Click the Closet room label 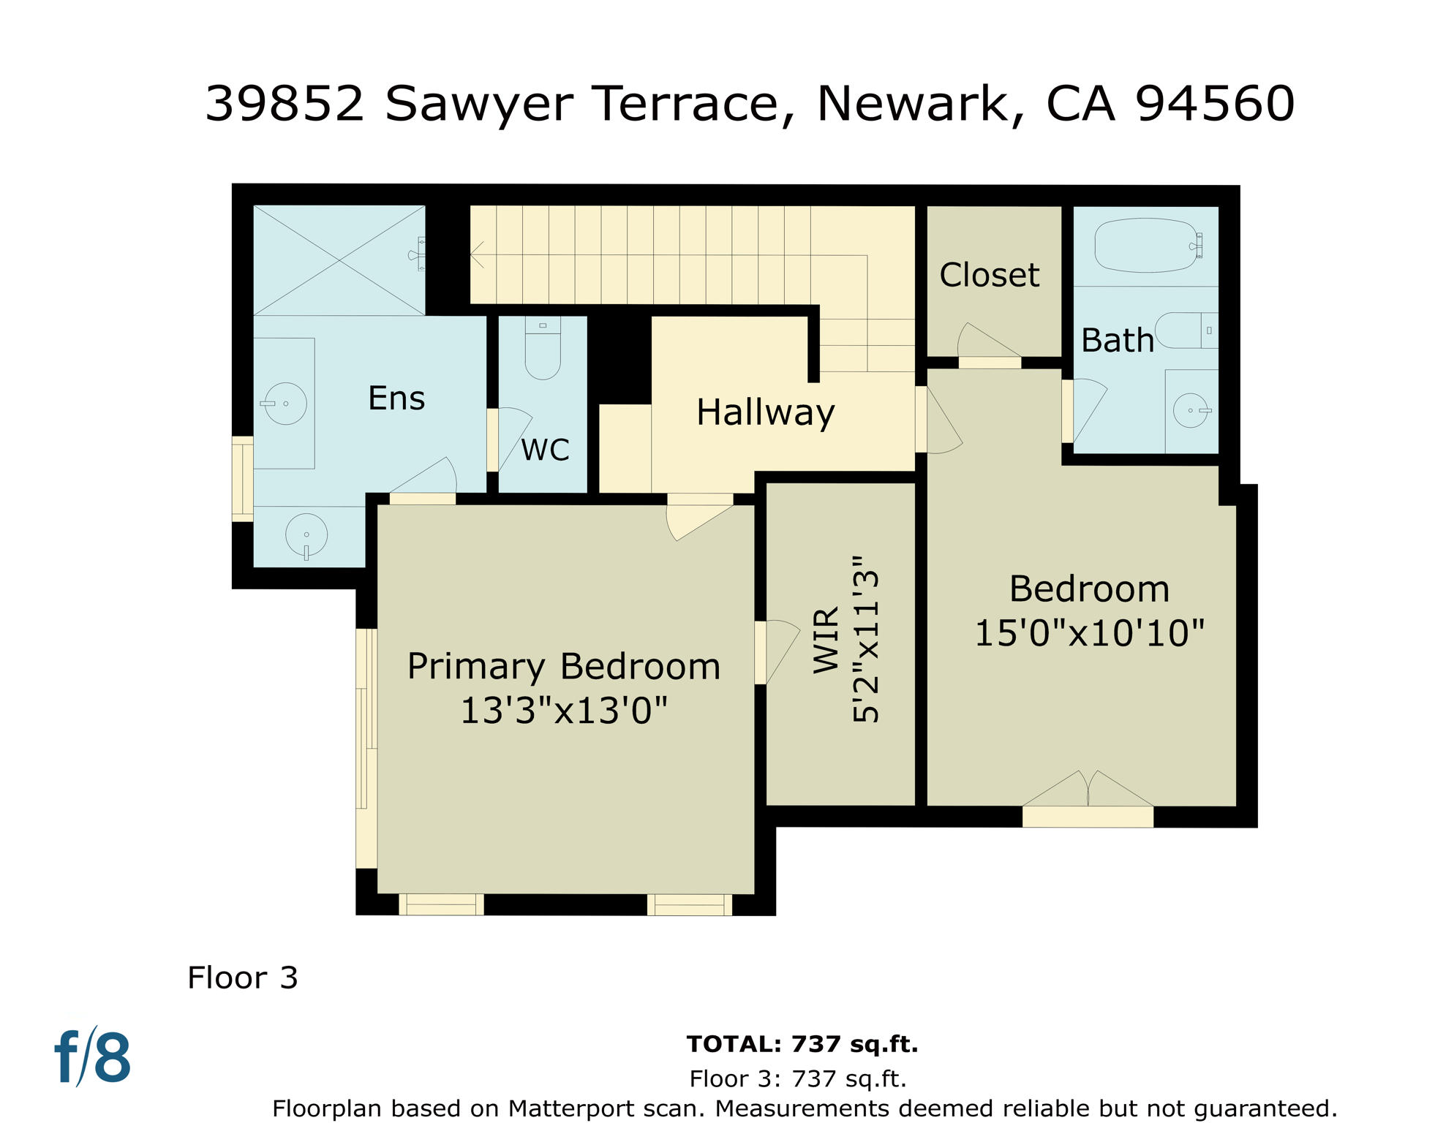(989, 276)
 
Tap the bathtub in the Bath (1145, 246)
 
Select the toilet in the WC (543, 351)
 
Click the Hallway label (765, 412)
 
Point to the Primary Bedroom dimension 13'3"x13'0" (564, 711)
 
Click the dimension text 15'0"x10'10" (1089, 633)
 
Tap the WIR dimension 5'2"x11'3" (866, 639)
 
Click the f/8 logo (93, 1057)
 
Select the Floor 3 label (243, 978)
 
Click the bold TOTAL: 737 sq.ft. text (802, 1044)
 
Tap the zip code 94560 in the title (1215, 104)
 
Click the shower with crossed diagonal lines (339, 260)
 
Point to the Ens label (396, 399)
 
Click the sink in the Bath (1191, 410)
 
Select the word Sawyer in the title (479, 104)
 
